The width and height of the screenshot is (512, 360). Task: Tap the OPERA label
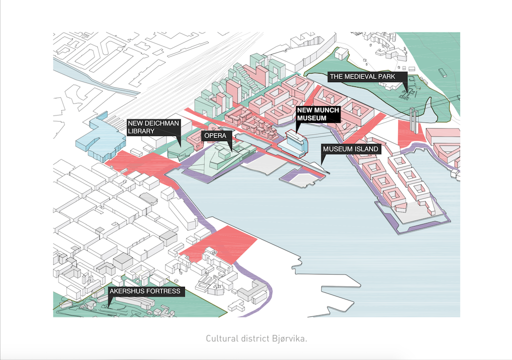point(215,135)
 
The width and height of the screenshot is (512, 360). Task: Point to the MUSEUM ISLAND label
point(350,149)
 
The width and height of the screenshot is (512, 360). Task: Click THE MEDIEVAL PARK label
point(362,77)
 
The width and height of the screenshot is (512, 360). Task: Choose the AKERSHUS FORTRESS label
point(145,291)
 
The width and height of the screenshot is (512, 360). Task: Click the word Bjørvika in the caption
point(289,338)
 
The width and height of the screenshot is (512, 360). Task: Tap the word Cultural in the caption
point(217,338)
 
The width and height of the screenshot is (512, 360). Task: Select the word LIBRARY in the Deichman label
point(141,131)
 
